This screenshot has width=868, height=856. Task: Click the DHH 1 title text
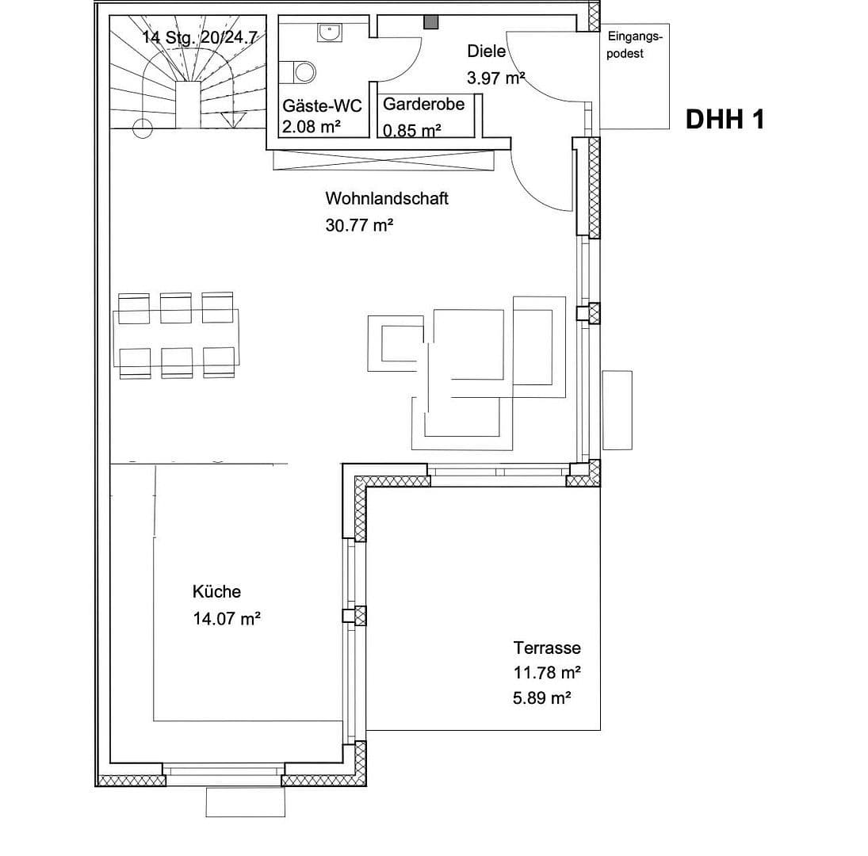[725, 119]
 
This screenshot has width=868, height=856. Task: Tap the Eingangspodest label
[634, 45]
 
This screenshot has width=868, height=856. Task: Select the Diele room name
[486, 52]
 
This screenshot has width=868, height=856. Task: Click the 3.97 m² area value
[497, 78]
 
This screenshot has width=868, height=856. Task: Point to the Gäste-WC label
[322, 106]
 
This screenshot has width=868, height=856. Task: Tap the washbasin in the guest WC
[327, 32]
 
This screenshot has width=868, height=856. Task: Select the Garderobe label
[423, 104]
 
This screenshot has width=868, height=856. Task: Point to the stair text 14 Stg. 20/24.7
[200, 38]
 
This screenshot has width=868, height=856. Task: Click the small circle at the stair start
[143, 127]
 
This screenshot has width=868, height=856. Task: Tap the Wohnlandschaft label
[386, 198]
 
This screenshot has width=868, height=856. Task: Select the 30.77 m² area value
[359, 225]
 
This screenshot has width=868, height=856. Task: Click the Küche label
[216, 591]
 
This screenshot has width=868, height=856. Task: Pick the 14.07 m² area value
[227, 619]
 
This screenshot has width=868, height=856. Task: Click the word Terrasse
[547, 648]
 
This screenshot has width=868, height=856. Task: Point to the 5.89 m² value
[542, 698]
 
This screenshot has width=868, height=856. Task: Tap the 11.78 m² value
[547, 673]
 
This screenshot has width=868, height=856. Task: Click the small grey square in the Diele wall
[431, 22]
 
